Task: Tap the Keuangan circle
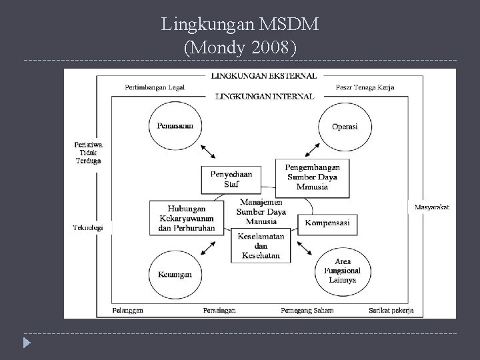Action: pyautogui.click(x=175, y=273)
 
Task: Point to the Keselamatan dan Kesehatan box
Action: pyautogui.click(x=262, y=245)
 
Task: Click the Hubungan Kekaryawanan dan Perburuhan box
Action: pyautogui.click(x=187, y=218)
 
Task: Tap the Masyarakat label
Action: pyautogui.click(x=431, y=207)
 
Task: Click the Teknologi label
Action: pyautogui.click(x=88, y=227)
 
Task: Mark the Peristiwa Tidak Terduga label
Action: pyautogui.click(x=88, y=151)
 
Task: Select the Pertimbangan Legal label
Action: pyautogui.click(x=154, y=87)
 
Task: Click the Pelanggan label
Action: pyautogui.click(x=128, y=310)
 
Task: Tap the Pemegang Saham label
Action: pyautogui.click(x=307, y=310)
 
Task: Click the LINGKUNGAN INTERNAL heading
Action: pyautogui.click(x=264, y=96)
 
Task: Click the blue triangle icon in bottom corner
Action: pyautogui.click(x=26, y=345)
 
